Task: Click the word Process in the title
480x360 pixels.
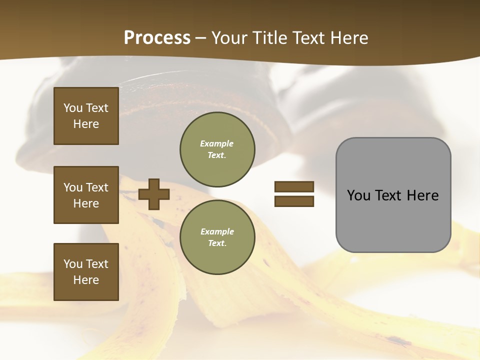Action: pyautogui.click(x=157, y=37)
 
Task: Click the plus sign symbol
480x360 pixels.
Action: pyautogui.click(x=154, y=194)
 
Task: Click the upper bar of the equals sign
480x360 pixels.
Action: pyautogui.click(x=294, y=187)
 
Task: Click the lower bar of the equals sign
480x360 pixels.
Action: pyautogui.click(x=294, y=201)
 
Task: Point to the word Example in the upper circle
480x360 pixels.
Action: pyautogui.click(x=216, y=143)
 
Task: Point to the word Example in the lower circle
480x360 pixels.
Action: pyautogui.click(x=217, y=231)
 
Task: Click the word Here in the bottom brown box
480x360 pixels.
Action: pyautogui.click(x=86, y=280)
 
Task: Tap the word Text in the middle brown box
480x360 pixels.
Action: pyautogui.click(x=96, y=187)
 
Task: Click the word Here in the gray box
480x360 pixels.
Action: pyautogui.click(x=422, y=195)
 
